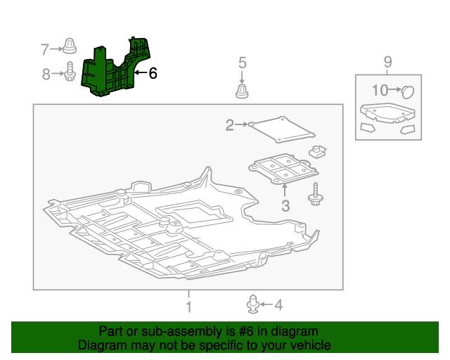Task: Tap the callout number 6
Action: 153,72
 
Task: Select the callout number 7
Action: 45,49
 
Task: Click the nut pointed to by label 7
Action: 70,48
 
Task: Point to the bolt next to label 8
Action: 70,72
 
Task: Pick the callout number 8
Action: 46,73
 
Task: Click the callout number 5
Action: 242,63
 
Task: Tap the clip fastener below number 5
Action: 242,91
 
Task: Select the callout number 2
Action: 229,125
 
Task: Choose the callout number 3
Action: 285,206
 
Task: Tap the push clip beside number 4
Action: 252,304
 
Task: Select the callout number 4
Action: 278,305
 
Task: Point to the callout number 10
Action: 380,90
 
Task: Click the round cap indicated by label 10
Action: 408,91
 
